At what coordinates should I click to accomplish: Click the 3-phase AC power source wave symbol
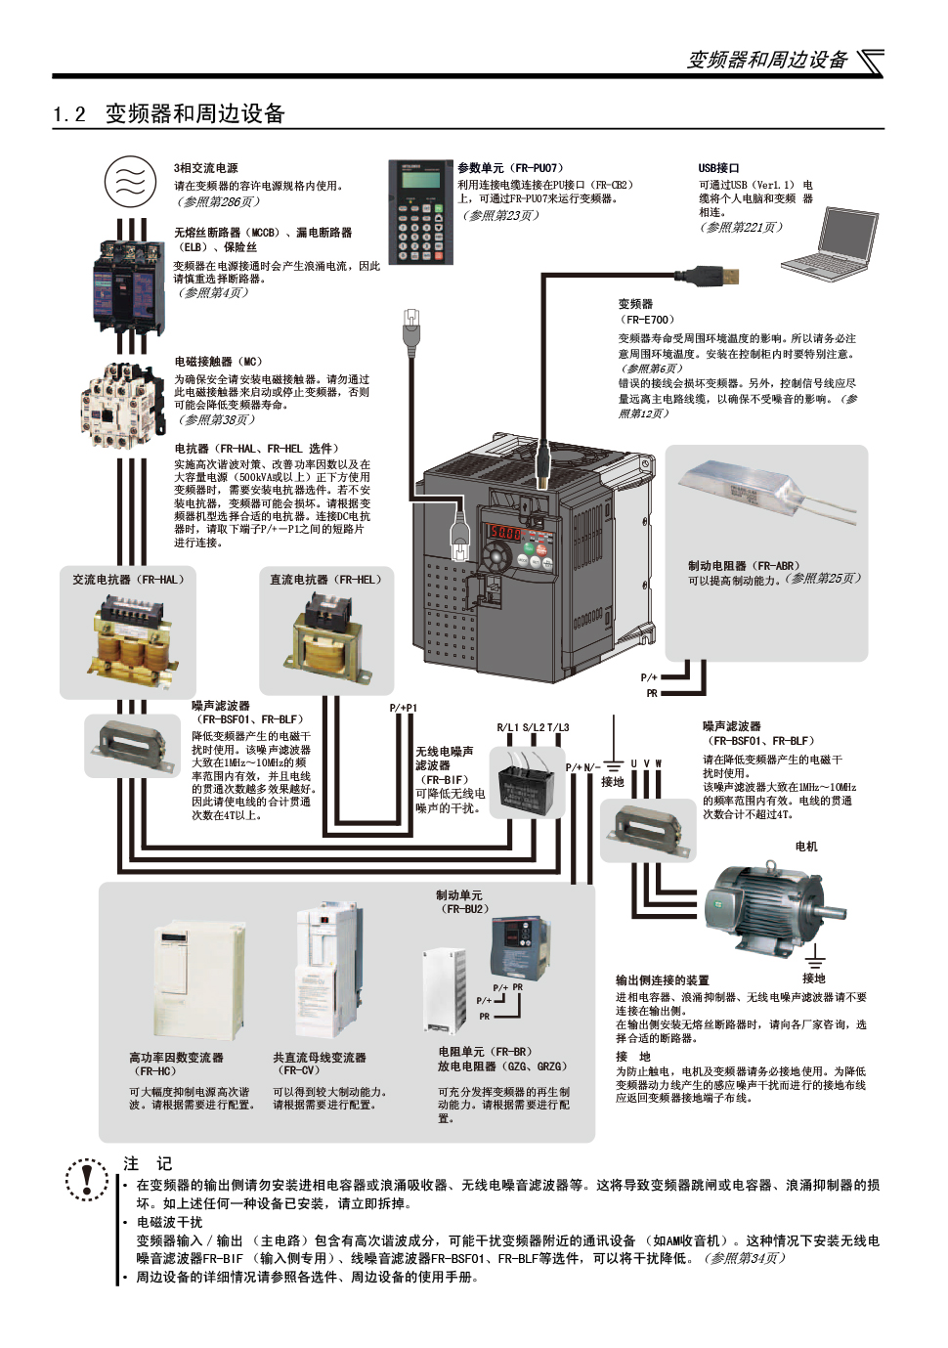click(130, 183)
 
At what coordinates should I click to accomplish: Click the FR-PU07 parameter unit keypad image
click(420, 212)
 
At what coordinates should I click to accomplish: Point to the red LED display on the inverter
click(504, 533)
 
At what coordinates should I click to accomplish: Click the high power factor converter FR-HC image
click(199, 982)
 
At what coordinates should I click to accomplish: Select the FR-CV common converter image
click(326, 973)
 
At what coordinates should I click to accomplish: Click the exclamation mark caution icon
click(88, 1178)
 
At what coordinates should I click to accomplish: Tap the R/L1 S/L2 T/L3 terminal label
click(533, 727)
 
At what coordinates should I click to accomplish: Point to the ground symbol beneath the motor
click(814, 960)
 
